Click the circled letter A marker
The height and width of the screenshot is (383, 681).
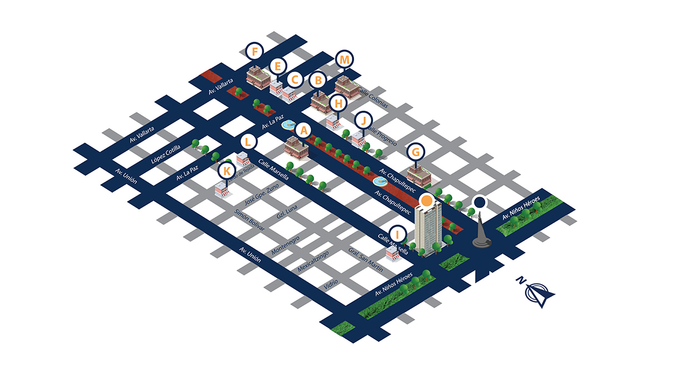[x=304, y=131]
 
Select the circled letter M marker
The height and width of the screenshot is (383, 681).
[x=345, y=59]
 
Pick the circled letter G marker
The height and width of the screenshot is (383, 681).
[x=415, y=151]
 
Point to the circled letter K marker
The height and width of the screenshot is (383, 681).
[x=226, y=170]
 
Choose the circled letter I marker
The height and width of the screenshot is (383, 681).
[x=397, y=233]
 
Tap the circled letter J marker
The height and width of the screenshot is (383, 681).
[x=363, y=120]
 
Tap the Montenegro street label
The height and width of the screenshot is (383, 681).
[x=285, y=246]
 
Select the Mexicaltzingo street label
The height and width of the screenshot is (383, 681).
[x=313, y=260]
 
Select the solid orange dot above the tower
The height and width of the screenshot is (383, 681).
[x=426, y=200]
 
